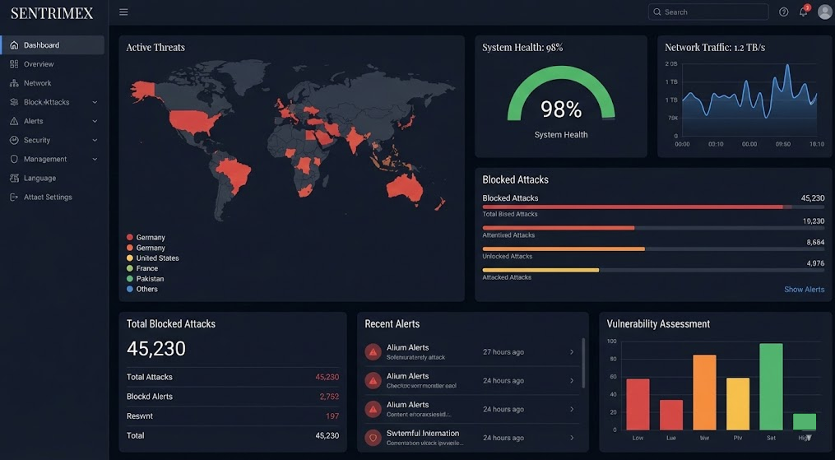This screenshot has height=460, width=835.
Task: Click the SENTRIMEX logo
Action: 52,13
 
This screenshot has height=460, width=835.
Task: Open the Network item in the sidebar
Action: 37,83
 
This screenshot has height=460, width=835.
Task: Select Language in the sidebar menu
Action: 39,178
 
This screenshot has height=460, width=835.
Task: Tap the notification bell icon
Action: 803,12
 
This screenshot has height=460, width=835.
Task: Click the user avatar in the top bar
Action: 824,12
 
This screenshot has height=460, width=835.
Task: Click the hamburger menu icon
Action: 123,12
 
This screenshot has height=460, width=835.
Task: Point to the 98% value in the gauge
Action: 561,109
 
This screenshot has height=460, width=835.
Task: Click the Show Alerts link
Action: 804,290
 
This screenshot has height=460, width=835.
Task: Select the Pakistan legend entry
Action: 150,279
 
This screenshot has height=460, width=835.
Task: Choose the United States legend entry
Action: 157,258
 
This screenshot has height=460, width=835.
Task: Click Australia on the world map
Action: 404,188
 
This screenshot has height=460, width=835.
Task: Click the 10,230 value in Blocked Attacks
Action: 813,221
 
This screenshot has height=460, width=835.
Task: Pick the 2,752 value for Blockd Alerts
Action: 328,397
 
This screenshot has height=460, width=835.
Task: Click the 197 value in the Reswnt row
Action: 332,416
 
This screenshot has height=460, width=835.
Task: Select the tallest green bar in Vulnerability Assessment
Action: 771,386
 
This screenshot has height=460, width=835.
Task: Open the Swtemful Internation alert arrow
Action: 572,438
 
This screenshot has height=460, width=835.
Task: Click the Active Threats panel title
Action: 155,48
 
